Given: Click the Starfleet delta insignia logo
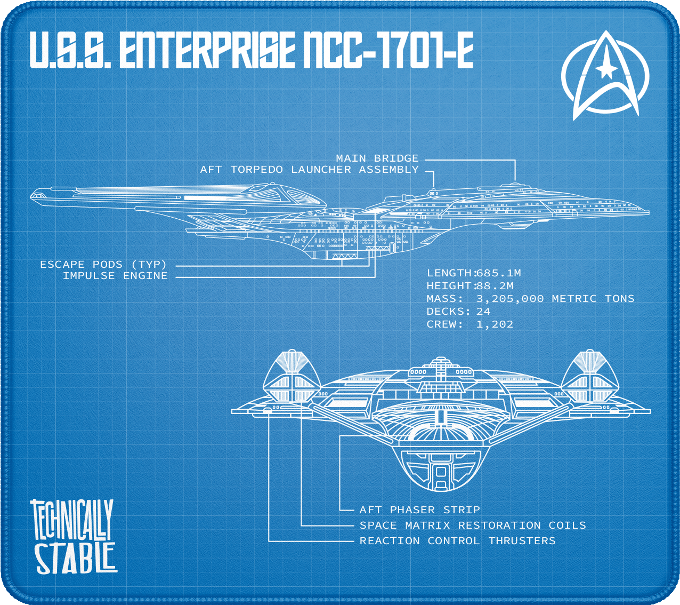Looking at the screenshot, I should click(x=605, y=75).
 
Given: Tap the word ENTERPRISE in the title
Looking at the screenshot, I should click(x=206, y=50).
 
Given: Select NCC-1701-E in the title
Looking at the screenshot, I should click(x=388, y=50).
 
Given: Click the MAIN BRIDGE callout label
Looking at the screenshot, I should click(x=377, y=158).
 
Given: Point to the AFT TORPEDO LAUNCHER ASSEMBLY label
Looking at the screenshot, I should click(x=309, y=170).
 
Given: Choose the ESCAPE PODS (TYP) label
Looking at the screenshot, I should click(x=103, y=265).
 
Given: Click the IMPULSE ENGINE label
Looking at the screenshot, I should click(x=115, y=276).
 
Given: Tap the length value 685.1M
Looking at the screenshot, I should click(x=498, y=273).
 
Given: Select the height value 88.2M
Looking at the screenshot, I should click(x=495, y=286).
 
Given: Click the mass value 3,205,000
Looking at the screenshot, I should click(x=509, y=299).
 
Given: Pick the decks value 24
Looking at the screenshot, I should click(x=483, y=312).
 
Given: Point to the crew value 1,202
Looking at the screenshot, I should click(x=495, y=324).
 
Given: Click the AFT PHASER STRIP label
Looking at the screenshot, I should click(x=419, y=510).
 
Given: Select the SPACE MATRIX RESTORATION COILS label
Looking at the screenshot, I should click(x=473, y=526).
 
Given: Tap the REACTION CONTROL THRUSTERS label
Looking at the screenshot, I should click(x=457, y=541).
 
